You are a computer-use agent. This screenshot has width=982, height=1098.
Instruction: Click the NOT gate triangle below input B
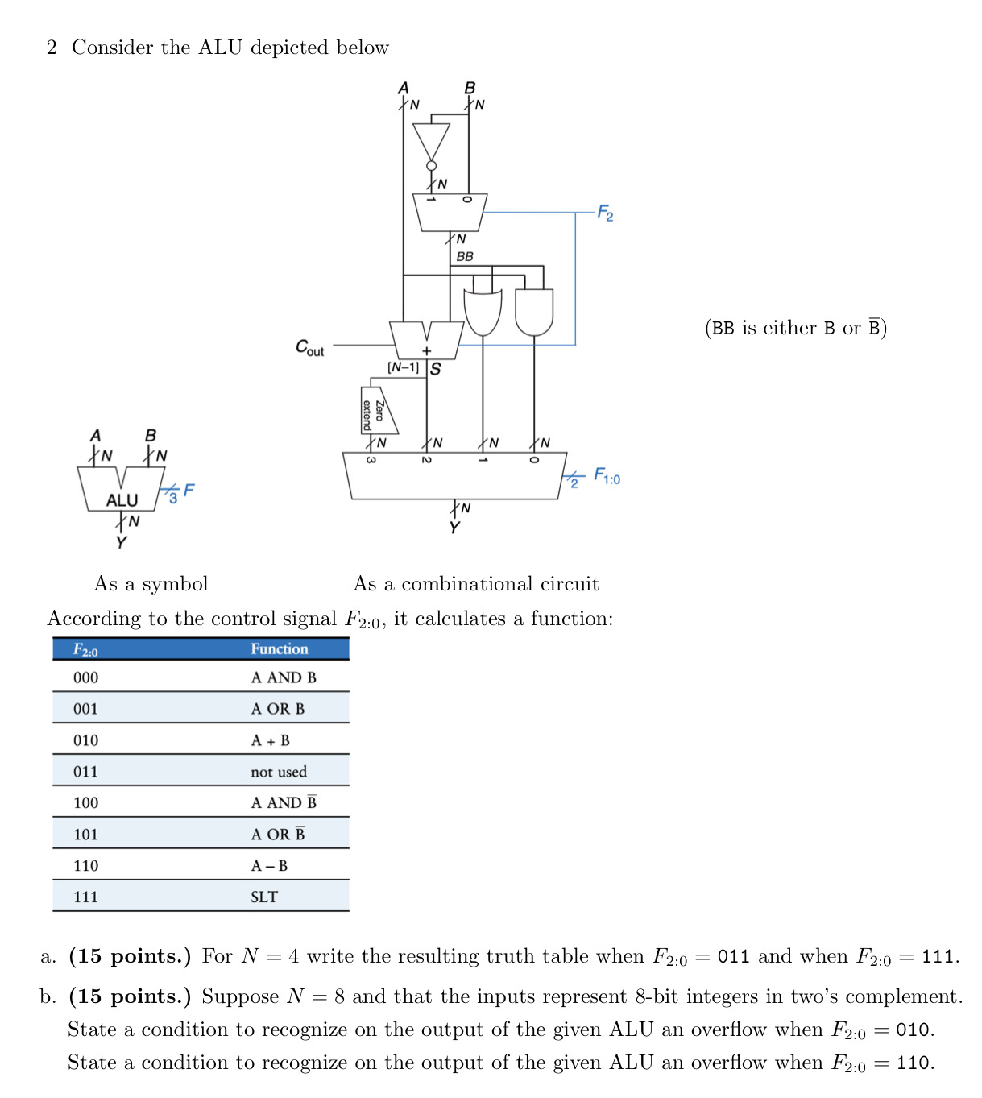click(x=431, y=140)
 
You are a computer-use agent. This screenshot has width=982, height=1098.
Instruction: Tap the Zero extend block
click(x=376, y=411)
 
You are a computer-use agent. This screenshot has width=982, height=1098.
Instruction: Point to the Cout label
click(x=309, y=347)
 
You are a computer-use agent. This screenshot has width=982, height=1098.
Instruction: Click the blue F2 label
click(x=605, y=213)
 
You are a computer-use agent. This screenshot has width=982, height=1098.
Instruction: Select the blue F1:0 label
click(x=607, y=476)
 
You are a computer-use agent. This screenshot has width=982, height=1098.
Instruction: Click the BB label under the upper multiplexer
click(x=465, y=256)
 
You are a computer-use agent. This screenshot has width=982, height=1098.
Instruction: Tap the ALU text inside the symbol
click(x=122, y=500)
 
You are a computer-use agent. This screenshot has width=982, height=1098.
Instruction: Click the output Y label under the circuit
click(x=454, y=528)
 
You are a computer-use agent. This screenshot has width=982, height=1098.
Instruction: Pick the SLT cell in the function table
click(x=263, y=897)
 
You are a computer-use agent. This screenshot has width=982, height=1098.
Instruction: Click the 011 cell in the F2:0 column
click(x=85, y=771)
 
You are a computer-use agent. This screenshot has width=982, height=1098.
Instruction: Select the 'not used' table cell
click(x=278, y=771)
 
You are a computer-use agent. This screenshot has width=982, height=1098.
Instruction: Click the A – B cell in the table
click(x=269, y=865)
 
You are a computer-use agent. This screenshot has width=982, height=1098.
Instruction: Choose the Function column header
click(x=279, y=648)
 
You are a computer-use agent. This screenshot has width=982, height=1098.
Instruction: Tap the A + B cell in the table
click(x=270, y=740)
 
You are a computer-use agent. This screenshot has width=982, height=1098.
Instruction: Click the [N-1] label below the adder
click(x=403, y=367)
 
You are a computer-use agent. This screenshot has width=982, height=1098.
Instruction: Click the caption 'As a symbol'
click(x=151, y=583)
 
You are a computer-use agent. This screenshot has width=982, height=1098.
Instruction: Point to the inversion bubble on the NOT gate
click(x=431, y=166)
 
